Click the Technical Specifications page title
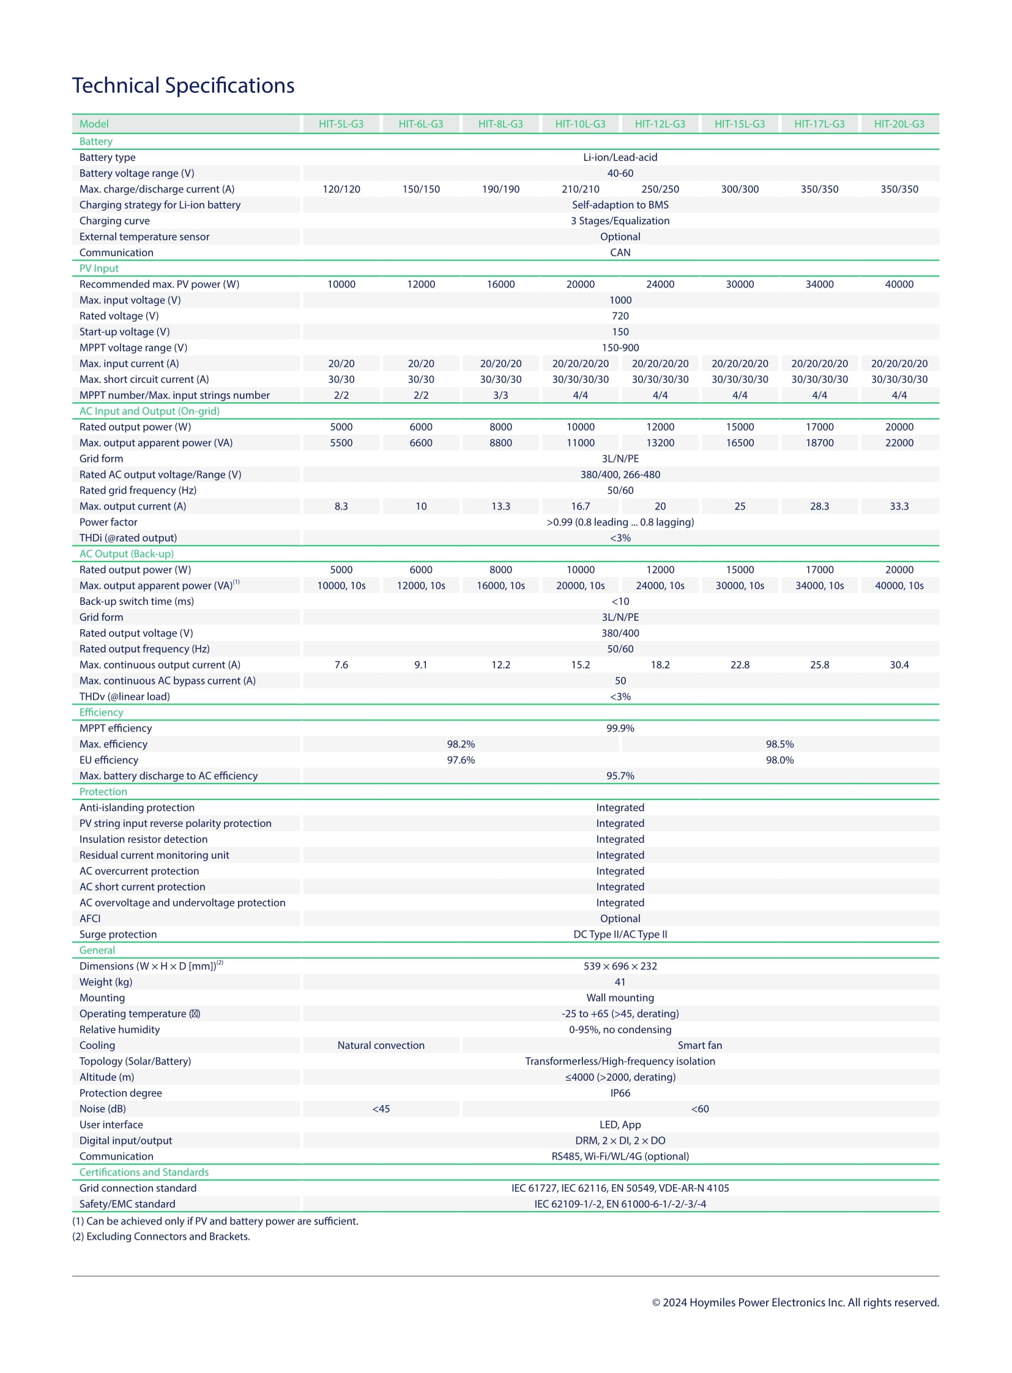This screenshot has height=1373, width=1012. [183, 86]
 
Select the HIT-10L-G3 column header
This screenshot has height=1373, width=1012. [579, 124]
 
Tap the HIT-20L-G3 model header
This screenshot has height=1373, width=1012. [898, 124]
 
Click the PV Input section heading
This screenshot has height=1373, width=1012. [99, 268]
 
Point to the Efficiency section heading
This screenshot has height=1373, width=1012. [101, 712]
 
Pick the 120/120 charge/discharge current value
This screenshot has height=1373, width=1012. [341, 189]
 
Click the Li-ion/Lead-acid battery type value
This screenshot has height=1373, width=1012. [620, 157]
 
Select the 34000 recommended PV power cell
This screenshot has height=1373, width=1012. [819, 284]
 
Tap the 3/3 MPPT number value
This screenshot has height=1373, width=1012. [500, 395]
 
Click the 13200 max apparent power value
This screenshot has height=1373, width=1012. [660, 443]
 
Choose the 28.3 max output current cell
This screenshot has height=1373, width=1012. [819, 506]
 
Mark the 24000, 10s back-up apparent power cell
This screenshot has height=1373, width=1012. [660, 585]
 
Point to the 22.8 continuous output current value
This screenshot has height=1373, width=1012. [739, 665]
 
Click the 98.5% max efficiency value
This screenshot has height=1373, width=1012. [779, 744]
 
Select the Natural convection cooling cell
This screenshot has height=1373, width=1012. [381, 1045]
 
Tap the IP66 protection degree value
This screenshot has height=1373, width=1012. [620, 1093]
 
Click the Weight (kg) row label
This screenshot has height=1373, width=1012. [105, 982]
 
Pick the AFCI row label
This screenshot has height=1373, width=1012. [89, 919]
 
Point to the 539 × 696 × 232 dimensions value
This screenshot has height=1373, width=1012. [620, 966]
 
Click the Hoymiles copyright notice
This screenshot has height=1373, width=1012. [795, 1303]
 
